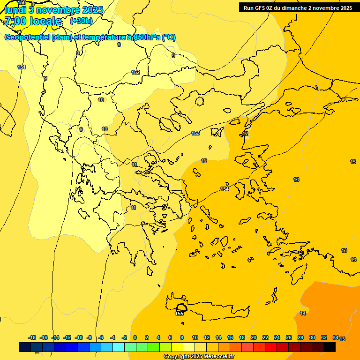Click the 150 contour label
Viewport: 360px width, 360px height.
[22, 3]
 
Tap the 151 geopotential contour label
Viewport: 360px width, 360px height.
[22, 67]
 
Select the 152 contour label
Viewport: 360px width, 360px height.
[135, 72]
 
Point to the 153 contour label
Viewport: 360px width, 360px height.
[195, 134]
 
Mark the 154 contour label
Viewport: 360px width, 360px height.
[225, 189]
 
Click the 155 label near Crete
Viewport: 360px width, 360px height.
[179, 314]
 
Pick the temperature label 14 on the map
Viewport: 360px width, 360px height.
[303, 313]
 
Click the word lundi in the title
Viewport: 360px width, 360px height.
[15, 10]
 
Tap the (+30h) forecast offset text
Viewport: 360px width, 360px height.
[81, 21]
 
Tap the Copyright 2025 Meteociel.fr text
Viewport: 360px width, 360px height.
[199, 357]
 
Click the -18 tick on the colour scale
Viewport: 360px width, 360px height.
[32, 337]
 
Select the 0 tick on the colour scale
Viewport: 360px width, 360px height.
[135, 337]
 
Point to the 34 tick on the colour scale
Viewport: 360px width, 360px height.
[336, 337]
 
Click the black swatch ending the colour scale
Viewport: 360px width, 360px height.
[330, 347]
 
